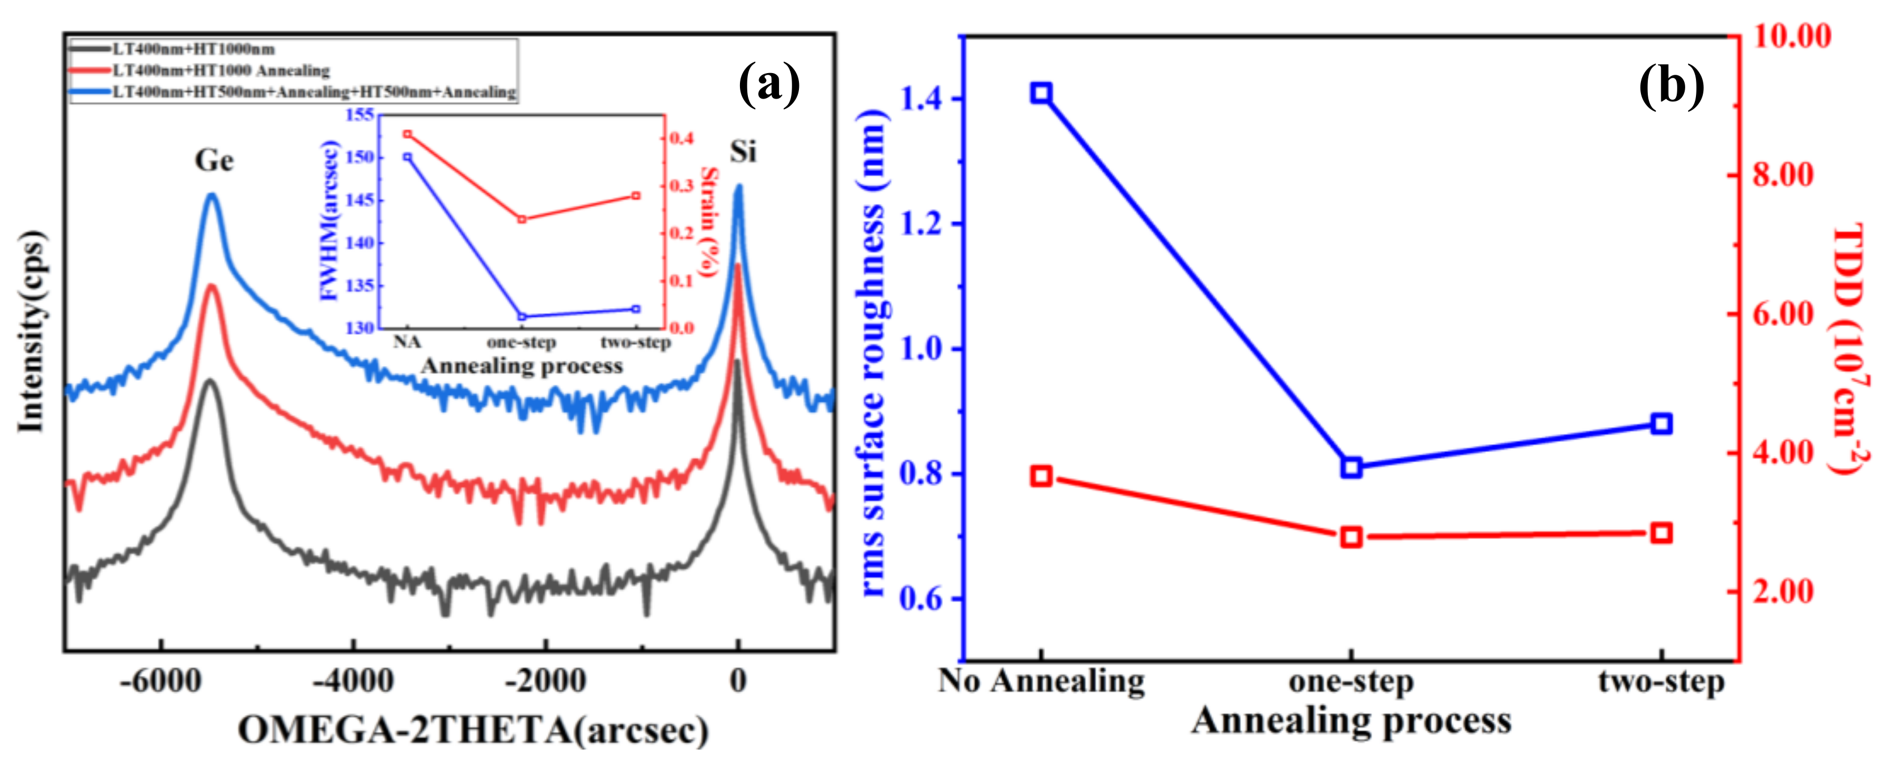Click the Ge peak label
(x=214, y=160)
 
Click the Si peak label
(x=742, y=152)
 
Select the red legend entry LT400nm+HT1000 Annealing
(x=220, y=71)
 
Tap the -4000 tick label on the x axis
(x=353, y=681)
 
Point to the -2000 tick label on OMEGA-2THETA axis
(x=545, y=681)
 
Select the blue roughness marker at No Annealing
(x=1040, y=93)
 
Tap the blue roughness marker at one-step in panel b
(x=1351, y=467)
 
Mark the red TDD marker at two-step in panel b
(x=1661, y=533)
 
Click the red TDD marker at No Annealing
(x=1040, y=476)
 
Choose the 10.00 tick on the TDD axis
(x=1791, y=35)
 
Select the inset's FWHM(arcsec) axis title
(x=329, y=220)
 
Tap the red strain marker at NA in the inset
(x=408, y=134)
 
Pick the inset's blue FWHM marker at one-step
(x=522, y=317)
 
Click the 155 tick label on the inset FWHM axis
(x=359, y=114)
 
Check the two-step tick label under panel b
(x=1661, y=682)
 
